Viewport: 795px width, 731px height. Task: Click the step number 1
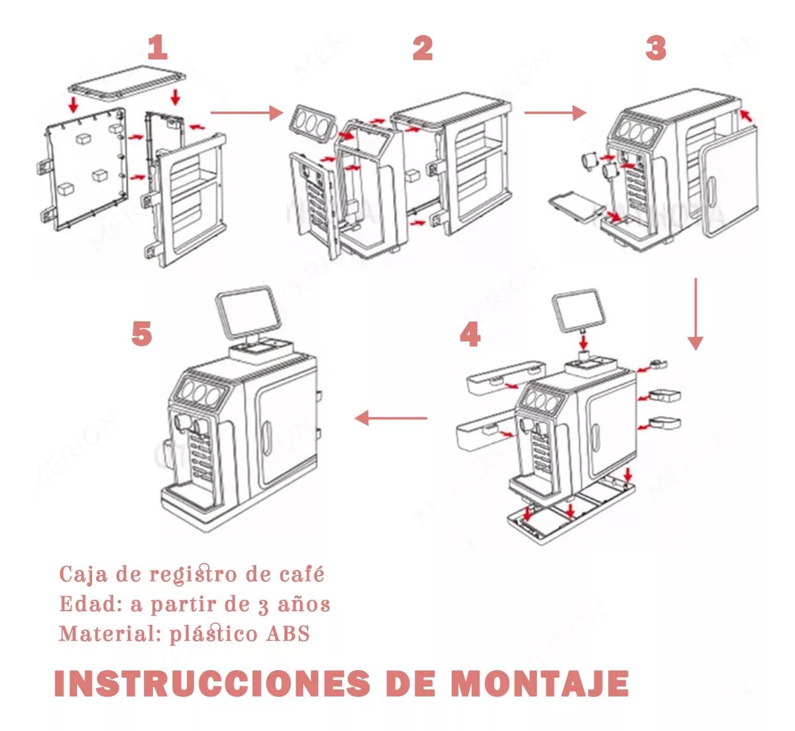coord(157,48)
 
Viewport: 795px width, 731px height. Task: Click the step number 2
coord(423,48)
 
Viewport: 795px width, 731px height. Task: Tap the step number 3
coord(655,48)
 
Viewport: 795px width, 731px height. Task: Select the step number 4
coord(470,334)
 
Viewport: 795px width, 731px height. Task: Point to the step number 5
coord(142,333)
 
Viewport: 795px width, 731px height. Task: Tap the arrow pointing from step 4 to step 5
coord(391,418)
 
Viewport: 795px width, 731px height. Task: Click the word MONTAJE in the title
coord(540,684)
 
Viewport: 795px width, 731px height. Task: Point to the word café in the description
coord(301,574)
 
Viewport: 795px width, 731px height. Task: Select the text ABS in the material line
coord(288,634)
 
